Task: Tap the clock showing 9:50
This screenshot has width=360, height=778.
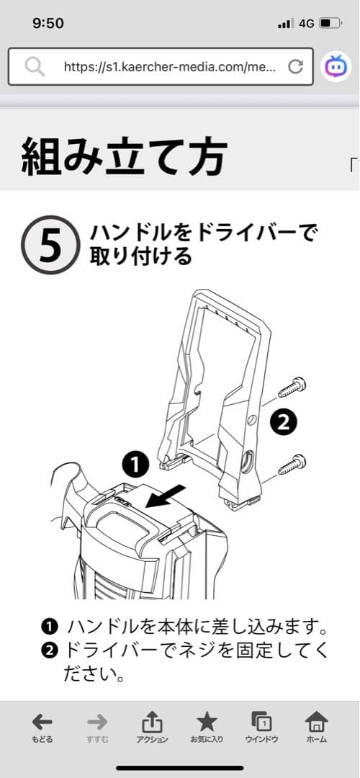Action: click(x=48, y=23)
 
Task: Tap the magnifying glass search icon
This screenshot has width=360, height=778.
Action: click(x=34, y=67)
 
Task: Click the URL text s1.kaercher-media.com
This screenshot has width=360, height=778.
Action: click(x=169, y=67)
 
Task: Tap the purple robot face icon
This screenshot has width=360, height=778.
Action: click(x=336, y=67)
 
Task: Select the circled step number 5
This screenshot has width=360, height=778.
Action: click(x=50, y=246)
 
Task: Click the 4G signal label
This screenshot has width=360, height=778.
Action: click(x=306, y=23)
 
